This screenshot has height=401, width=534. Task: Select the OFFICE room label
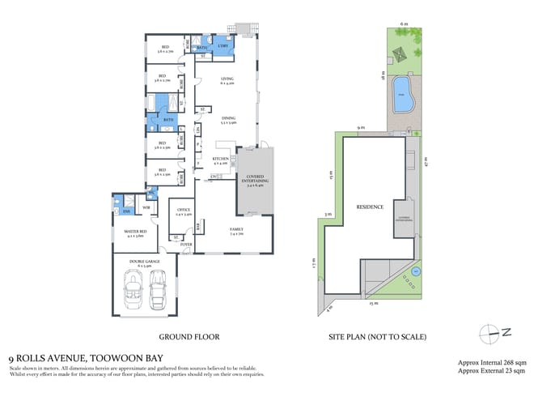point(184,212)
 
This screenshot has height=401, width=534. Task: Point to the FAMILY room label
point(236,230)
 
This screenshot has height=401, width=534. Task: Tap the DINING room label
point(227,121)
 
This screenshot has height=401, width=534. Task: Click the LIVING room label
point(227,80)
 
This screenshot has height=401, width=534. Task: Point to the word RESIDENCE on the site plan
point(369,207)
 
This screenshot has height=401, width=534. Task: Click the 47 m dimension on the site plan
point(425,160)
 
